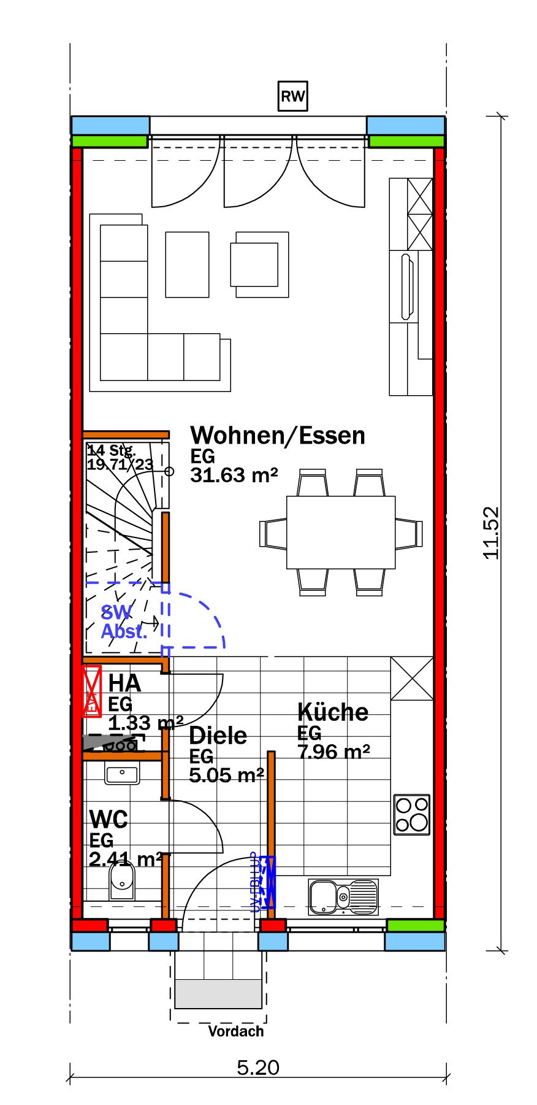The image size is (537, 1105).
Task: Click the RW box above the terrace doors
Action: click(292, 96)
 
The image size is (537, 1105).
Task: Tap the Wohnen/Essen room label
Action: click(277, 435)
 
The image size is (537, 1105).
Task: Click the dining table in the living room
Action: click(341, 533)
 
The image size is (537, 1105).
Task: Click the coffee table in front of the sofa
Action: click(187, 264)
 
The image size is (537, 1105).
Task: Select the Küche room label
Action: click(333, 712)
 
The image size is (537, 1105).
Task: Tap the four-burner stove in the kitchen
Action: click(412, 814)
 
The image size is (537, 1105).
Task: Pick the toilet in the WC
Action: click(122, 880)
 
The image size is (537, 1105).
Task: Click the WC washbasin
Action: click(122, 775)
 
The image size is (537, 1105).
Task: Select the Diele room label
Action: click(218, 735)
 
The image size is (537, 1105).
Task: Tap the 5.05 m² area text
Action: click(226, 776)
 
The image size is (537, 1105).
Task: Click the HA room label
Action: click(124, 683)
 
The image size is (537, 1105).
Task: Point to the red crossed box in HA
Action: click(92, 691)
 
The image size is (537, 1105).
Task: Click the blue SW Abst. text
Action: click(123, 622)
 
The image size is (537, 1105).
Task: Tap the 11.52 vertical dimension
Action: click(492, 532)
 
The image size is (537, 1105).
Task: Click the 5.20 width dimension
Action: click(258, 1068)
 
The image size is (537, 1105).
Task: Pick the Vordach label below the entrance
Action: click(235, 1031)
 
